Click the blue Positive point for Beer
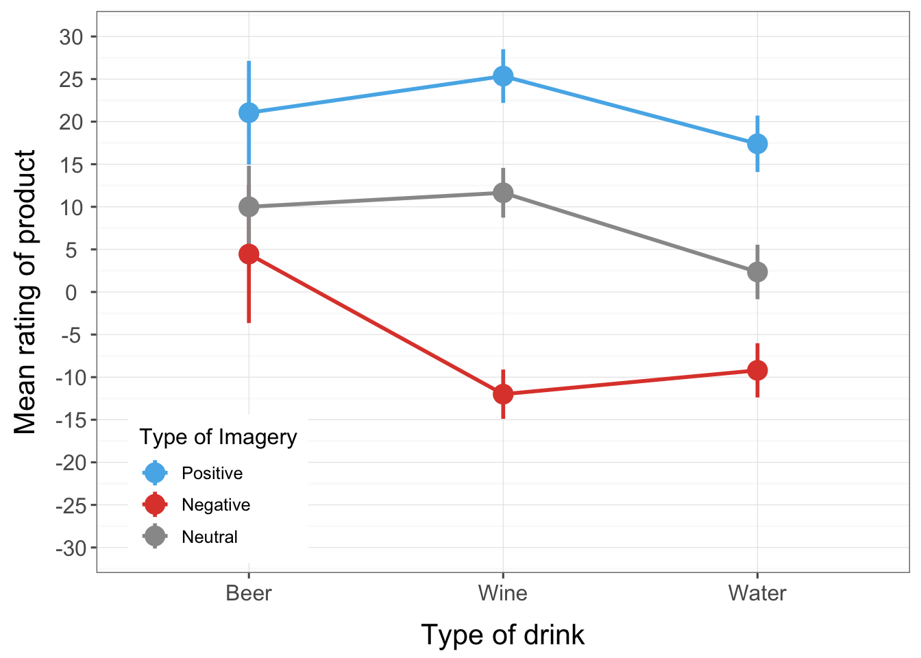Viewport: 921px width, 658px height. tap(249, 112)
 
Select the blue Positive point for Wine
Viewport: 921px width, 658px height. tap(503, 76)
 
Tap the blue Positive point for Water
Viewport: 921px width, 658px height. tap(757, 144)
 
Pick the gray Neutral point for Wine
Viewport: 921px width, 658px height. tap(503, 193)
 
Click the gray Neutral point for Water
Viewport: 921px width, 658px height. tap(757, 272)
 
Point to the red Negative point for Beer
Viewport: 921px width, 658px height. tap(249, 254)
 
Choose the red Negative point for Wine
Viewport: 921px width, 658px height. tap(503, 394)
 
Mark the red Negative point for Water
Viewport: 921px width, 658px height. tap(757, 370)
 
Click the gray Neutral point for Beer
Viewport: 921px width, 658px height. tap(249, 206)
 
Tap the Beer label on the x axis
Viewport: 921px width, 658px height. tap(249, 593)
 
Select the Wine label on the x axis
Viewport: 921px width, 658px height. tap(503, 593)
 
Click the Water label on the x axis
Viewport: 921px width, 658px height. tap(757, 593)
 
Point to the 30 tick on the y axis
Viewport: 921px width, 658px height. tap(71, 36)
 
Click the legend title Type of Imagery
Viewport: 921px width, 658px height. tap(218, 437)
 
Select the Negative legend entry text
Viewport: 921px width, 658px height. tap(216, 505)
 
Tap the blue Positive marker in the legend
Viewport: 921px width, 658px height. tap(156, 473)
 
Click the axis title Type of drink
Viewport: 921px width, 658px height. tap(502, 635)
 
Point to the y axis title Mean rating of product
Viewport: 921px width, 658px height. tap(25, 292)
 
